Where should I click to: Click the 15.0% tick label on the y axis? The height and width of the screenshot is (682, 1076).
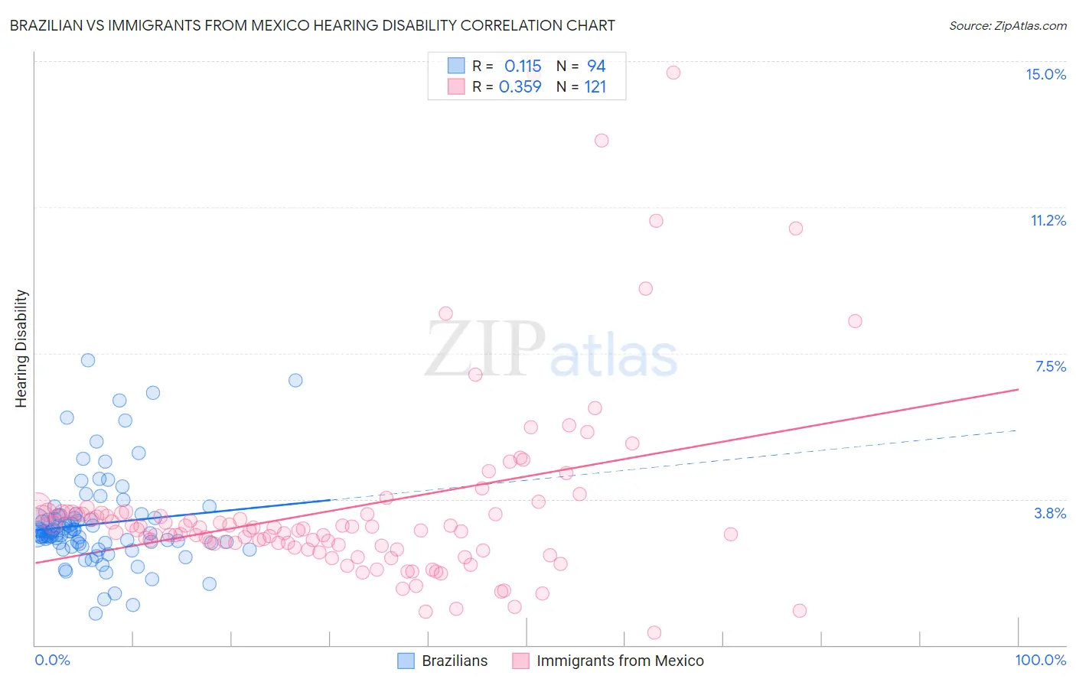[1045, 74]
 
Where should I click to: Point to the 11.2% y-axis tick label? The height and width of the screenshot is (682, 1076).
[1048, 220]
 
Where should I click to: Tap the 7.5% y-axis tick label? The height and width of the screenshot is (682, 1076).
[1050, 366]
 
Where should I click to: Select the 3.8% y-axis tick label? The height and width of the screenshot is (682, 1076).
[1050, 513]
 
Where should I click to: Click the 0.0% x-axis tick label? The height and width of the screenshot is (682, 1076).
[52, 660]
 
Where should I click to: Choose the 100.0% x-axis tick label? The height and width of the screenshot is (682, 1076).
[1040, 660]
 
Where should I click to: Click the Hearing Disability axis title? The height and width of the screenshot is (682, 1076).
[21, 349]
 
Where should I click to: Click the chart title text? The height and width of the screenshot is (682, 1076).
[312, 25]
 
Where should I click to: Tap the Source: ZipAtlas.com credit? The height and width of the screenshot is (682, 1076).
[1007, 25]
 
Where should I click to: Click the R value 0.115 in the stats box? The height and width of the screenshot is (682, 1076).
[523, 67]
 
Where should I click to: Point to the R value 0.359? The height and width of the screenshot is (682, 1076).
[520, 87]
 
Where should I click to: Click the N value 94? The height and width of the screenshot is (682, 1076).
[596, 67]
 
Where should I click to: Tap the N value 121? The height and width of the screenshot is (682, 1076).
[595, 87]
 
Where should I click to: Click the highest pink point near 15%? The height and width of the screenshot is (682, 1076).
[673, 73]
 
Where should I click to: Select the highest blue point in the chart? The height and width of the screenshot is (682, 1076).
[88, 360]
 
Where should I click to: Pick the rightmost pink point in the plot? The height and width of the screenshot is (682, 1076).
[855, 321]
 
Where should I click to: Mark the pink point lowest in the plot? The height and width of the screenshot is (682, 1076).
[654, 632]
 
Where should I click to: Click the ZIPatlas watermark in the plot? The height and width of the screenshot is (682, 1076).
[551, 350]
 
